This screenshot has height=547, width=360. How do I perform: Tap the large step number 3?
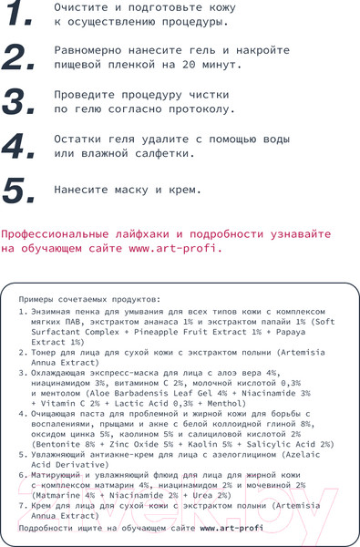click(21, 102)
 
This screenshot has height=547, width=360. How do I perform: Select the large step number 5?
click(21, 190)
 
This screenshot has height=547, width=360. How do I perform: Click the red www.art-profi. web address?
click(176, 247)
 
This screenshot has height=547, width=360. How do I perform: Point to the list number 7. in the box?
click(23, 505)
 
